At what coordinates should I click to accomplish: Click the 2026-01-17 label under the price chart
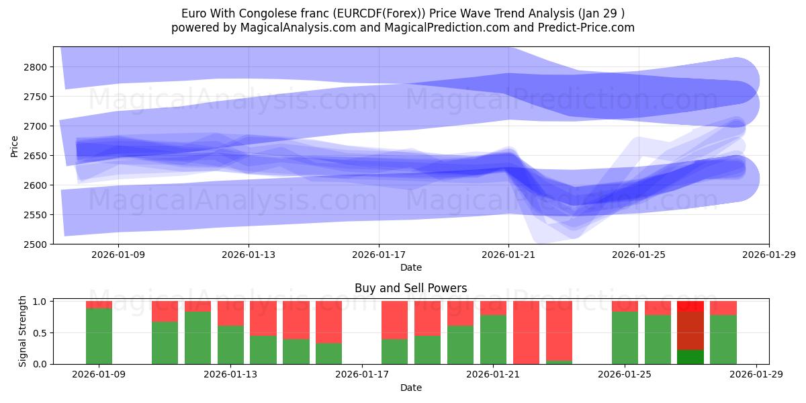[378, 255]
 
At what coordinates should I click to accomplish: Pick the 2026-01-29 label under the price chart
[768, 255]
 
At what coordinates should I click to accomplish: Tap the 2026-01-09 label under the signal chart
[99, 375]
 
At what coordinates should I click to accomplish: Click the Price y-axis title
[15, 146]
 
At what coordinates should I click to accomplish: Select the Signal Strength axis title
[23, 332]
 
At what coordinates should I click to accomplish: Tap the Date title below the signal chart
[411, 388]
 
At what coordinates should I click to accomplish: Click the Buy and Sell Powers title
[411, 288]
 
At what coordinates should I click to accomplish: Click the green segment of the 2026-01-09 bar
[99, 336]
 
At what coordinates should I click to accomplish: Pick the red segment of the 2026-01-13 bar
[230, 313]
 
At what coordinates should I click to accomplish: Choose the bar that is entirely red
[526, 332]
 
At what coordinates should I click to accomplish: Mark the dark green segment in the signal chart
[690, 357]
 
